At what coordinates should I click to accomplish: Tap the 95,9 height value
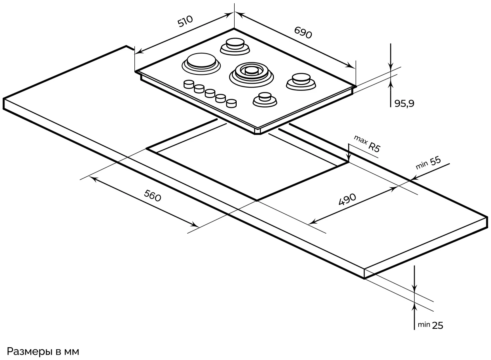click(404, 104)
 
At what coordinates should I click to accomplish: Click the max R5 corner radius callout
click(367, 144)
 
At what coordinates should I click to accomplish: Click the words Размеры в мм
click(44, 352)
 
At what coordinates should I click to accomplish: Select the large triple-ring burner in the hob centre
click(251, 72)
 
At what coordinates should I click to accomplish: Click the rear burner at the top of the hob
click(235, 45)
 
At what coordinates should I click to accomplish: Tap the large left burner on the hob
click(201, 63)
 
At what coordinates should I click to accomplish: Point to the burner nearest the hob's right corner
click(301, 80)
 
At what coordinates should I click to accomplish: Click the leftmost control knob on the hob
click(188, 84)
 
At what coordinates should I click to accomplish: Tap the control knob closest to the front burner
click(231, 103)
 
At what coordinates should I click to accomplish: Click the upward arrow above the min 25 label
click(415, 307)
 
